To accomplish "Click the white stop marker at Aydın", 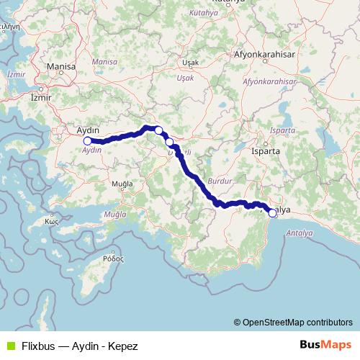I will coord(88,141).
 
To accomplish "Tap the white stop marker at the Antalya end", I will coord(272,212).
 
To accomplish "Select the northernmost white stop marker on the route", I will coord(158,130).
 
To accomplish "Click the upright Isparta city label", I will coord(266,152).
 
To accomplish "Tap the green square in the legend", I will coord(9,346).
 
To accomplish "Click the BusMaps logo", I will coord(326,345).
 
